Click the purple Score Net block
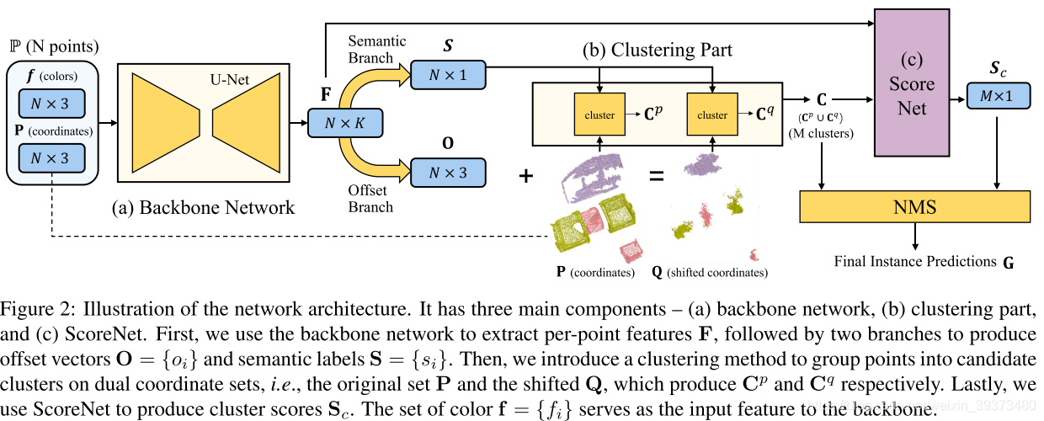pyautogui.click(x=912, y=84)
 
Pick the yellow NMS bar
pyautogui.click(x=914, y=207)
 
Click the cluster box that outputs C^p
pyautogui.click(x=599, y=115)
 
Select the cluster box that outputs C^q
pyautogui.click(x=712, y=115)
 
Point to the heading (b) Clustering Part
pyautogui.click(x=657, y=50)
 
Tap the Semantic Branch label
pyautogui.click(x=376, y=49)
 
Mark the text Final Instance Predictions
pyautogui.click(x=914, y=261)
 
